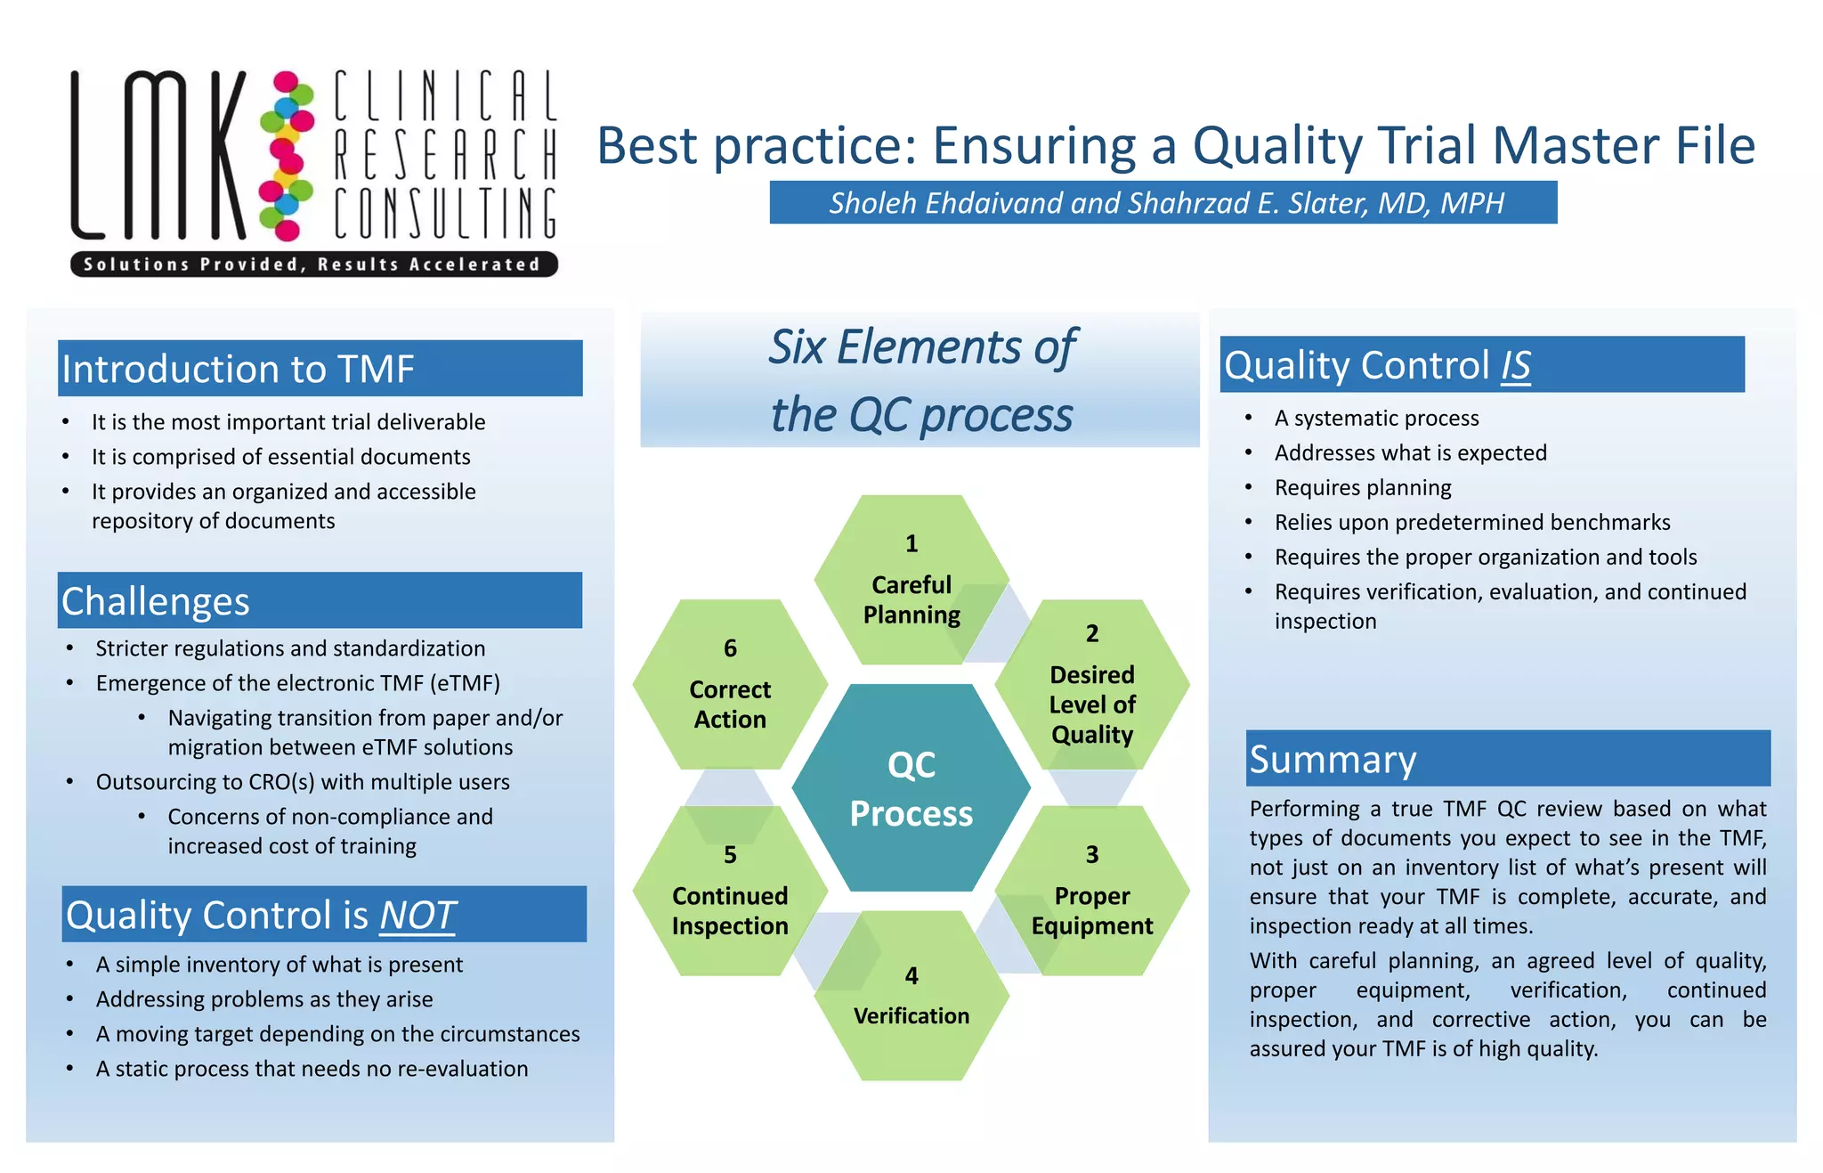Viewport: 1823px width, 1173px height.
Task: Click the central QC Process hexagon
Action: pos(911,788)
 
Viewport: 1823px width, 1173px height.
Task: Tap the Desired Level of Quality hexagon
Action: pos(1092,686)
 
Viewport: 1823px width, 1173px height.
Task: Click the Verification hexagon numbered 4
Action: pos(911,997)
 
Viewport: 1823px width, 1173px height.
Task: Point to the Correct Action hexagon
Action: pos(730,685)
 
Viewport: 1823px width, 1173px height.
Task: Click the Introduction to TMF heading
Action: pos(239,369)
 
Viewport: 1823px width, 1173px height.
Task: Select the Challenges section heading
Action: pos(156,601)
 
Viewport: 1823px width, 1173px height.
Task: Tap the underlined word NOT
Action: pos(417,916)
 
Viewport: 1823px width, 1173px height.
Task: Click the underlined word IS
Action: pos(1515,365)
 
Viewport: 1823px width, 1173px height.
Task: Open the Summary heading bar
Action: pos(1333,760)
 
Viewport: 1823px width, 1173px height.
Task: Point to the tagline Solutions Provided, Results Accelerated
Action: pos(313,265)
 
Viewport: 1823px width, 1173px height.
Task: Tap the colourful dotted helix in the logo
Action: pos(287,156)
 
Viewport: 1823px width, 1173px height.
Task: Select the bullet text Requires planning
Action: pos(1362,488)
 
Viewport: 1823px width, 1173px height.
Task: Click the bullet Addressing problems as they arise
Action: pos(264,999)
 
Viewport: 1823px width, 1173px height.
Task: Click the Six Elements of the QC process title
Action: pos(920,381)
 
